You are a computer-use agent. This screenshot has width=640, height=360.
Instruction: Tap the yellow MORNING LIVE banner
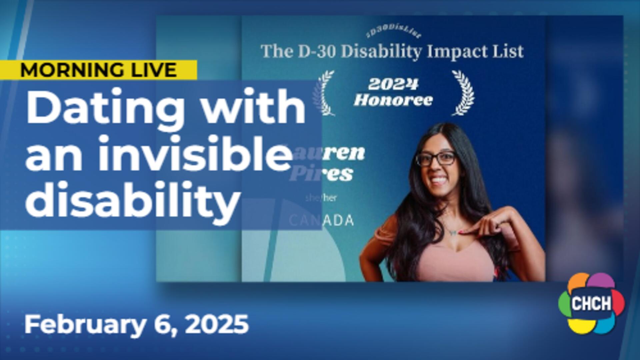[x=99, y=70]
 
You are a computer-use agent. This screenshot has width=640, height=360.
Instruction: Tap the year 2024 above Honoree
[x=393, y=85]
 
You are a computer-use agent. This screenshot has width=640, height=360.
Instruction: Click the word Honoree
[x=393, y=100]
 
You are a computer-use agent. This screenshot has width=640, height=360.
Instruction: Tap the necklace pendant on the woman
[x=452, y=232]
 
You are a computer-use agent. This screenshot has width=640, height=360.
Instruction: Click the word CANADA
[x=321, y=220]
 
